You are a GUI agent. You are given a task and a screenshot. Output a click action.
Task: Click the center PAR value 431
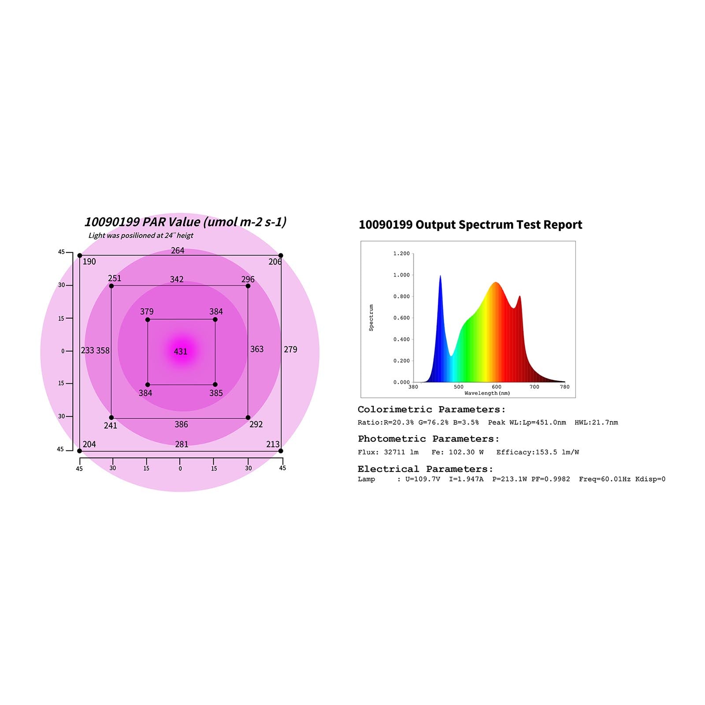[181, 352]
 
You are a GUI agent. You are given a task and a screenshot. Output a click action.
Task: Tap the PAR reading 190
[89, 262]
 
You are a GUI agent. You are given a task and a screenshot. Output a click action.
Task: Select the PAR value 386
[181, 424]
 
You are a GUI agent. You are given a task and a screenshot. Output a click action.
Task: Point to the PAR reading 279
[290, 349]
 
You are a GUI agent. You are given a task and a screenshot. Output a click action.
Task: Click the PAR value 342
[177, 279]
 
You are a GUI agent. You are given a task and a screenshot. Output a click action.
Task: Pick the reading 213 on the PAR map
[273, 444]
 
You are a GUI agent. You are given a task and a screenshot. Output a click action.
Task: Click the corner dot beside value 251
[111, 286]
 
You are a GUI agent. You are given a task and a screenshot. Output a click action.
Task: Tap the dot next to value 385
[215, 385]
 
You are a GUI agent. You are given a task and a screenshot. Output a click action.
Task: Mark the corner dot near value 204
[80, 451]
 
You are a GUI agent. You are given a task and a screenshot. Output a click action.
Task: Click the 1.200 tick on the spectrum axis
[401, 254]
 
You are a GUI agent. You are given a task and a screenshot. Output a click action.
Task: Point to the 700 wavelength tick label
[534, 387]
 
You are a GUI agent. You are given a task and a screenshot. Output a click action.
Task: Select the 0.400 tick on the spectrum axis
[401, 339]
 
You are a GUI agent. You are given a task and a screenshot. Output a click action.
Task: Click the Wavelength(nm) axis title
[487, 393]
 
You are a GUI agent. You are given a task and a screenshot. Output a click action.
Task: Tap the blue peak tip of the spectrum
[440, 276]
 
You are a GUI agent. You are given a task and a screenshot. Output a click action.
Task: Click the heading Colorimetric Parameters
[431, 409]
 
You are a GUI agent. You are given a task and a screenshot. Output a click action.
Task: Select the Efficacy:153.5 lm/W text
[538, 452]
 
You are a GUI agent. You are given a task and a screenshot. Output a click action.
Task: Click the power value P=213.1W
[509, 479]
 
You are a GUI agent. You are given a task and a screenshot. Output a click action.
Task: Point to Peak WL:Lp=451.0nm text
[527, 423]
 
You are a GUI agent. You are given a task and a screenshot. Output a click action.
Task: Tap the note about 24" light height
[141, 235]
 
